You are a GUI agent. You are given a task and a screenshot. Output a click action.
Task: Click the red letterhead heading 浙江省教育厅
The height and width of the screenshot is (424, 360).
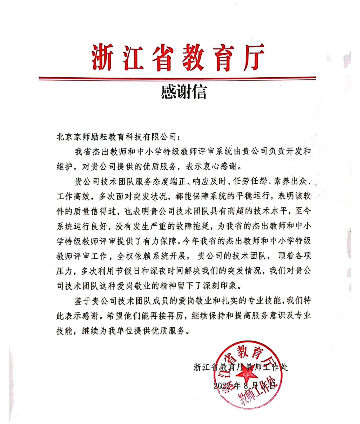[178, 58]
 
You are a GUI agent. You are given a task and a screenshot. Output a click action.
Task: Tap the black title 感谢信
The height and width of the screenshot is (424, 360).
[184, 92]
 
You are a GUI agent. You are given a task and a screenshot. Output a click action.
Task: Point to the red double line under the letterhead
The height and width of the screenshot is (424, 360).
[177, 78]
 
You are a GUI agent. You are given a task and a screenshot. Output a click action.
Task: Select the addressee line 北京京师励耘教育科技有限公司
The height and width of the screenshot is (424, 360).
[117, 137]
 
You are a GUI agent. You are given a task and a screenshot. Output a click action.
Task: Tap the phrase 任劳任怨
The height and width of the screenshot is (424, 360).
[250, 182]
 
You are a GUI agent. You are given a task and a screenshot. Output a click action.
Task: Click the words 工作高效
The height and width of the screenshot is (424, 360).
[74, 196]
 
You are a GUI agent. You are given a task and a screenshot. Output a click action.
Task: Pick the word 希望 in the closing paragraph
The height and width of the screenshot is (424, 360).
[115, 316]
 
